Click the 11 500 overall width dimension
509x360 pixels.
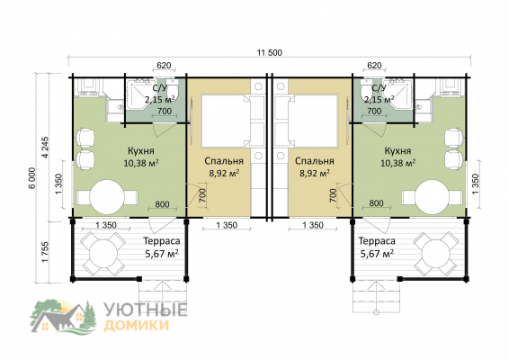tap(270, 52)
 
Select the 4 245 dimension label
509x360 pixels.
tap(45, 148)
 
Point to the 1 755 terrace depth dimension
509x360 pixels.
tap(45, 252)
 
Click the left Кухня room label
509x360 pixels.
tap(141, 151)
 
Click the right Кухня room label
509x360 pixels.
tap(397, 151)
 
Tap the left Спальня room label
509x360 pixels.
tap(224, 161)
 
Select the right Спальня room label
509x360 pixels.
tap(315, 161)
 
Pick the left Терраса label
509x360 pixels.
tap(162, 241)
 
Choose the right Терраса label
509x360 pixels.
tap(377, 241)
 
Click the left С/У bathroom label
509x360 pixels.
tap(159, 88)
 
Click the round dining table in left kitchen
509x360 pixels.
tap(107, 197)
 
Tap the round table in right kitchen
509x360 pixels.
tap(433, 197)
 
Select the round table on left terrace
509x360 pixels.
tap(103, 254)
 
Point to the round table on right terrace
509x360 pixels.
tap(436, 254)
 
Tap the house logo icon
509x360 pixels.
tap(64, 317)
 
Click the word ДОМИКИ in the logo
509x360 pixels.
tap(137, 325)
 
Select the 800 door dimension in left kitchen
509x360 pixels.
tap(162, 204)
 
